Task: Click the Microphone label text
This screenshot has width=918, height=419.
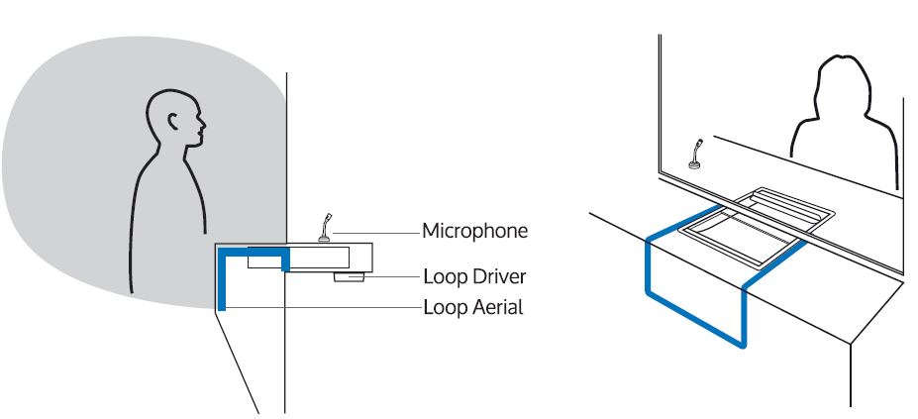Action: point(474,231)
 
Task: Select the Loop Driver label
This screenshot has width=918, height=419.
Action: point(473,275)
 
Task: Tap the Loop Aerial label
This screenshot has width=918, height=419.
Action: point(472,306)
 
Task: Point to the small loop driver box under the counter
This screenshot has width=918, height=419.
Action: point(349,276)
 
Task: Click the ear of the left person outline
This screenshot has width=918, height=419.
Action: point(173,123)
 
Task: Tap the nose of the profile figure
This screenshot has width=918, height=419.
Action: point(205,127)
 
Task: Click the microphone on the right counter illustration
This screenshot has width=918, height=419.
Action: point(696,154)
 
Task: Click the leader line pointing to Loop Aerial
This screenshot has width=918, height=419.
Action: point(327,306)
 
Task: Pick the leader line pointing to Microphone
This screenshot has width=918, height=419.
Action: point(376,231)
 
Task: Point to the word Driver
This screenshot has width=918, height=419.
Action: point(499,275)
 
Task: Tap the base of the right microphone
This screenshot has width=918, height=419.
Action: point(696,164)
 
